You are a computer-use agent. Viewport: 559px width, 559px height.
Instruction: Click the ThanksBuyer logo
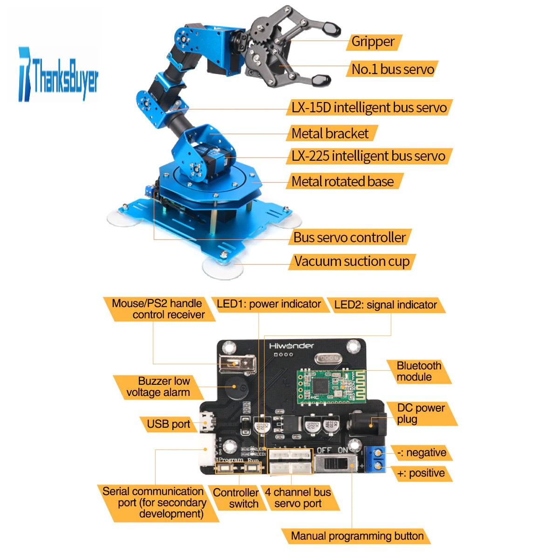58,75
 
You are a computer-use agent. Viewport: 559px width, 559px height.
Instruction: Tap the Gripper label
374,42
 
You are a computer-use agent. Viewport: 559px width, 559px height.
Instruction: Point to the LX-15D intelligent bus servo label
369,108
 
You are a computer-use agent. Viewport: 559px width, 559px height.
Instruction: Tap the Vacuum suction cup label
352,262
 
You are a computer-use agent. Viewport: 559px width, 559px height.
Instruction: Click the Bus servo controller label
349,237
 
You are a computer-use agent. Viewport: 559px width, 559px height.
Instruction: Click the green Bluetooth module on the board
331,387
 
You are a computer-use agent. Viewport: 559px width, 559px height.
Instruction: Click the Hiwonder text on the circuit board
291,346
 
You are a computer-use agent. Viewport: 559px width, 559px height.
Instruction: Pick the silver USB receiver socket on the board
238,364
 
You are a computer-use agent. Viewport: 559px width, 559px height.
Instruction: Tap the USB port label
169,424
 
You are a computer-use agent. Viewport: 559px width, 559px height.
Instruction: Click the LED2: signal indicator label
386,305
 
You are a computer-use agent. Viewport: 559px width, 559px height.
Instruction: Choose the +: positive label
421,473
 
